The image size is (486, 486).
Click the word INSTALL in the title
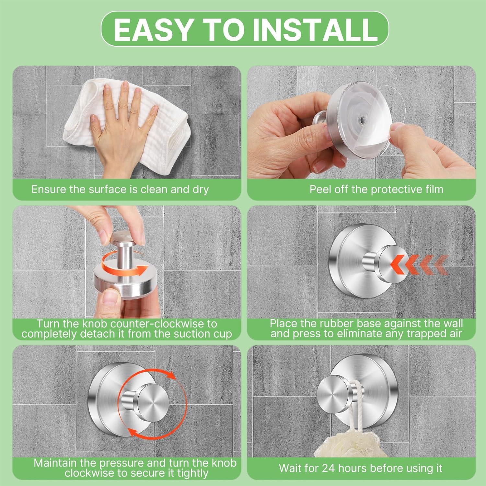coord(315,29)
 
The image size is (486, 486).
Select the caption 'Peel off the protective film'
coord(376,189)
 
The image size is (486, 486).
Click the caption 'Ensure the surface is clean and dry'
coord(120,189)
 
